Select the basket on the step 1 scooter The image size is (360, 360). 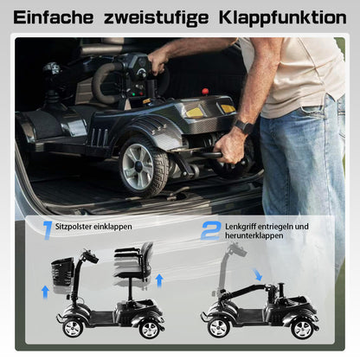[x=61, y=271]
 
